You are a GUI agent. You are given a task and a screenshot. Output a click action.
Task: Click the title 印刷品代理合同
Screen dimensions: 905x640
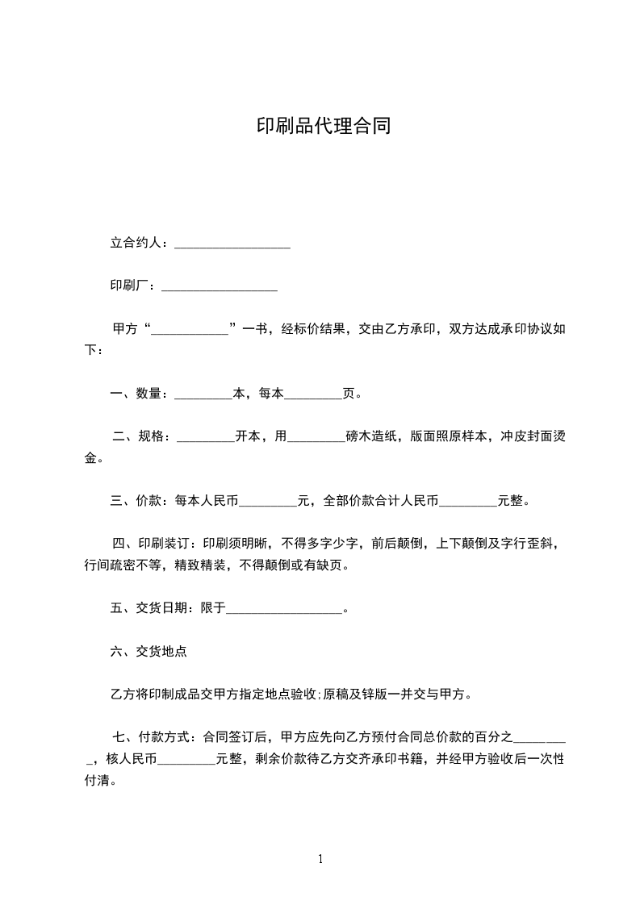[x=323, y=127]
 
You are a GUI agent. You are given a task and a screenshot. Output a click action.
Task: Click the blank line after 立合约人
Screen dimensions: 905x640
[x=232, y=244]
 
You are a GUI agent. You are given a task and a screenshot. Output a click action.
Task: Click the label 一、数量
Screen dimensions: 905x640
[x=138, y=394]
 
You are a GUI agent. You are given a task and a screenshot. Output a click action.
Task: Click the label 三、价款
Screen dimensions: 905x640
[x=138, y=501]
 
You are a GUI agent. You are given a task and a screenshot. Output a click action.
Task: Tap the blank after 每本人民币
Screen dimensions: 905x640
[x=268, y=503]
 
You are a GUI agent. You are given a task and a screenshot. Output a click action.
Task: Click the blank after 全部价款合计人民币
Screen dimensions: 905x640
[x=467, y=503]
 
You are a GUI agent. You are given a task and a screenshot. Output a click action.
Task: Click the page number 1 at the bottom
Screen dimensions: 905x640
[x=320, y=859]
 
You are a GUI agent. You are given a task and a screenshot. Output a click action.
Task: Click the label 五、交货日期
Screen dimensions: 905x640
[x=151, y=608]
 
